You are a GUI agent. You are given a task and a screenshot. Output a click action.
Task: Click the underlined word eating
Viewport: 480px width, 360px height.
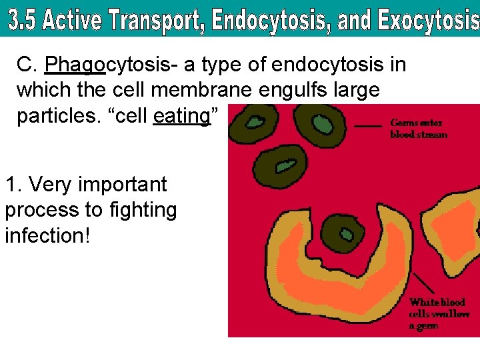click(181, 116)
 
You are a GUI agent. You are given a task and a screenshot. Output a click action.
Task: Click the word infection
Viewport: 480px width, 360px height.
click(47, 235)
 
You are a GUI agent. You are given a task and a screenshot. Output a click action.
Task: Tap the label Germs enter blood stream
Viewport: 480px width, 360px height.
click(418, 129)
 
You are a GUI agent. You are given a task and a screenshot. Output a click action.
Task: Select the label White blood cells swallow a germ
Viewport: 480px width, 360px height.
click(437, 313)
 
